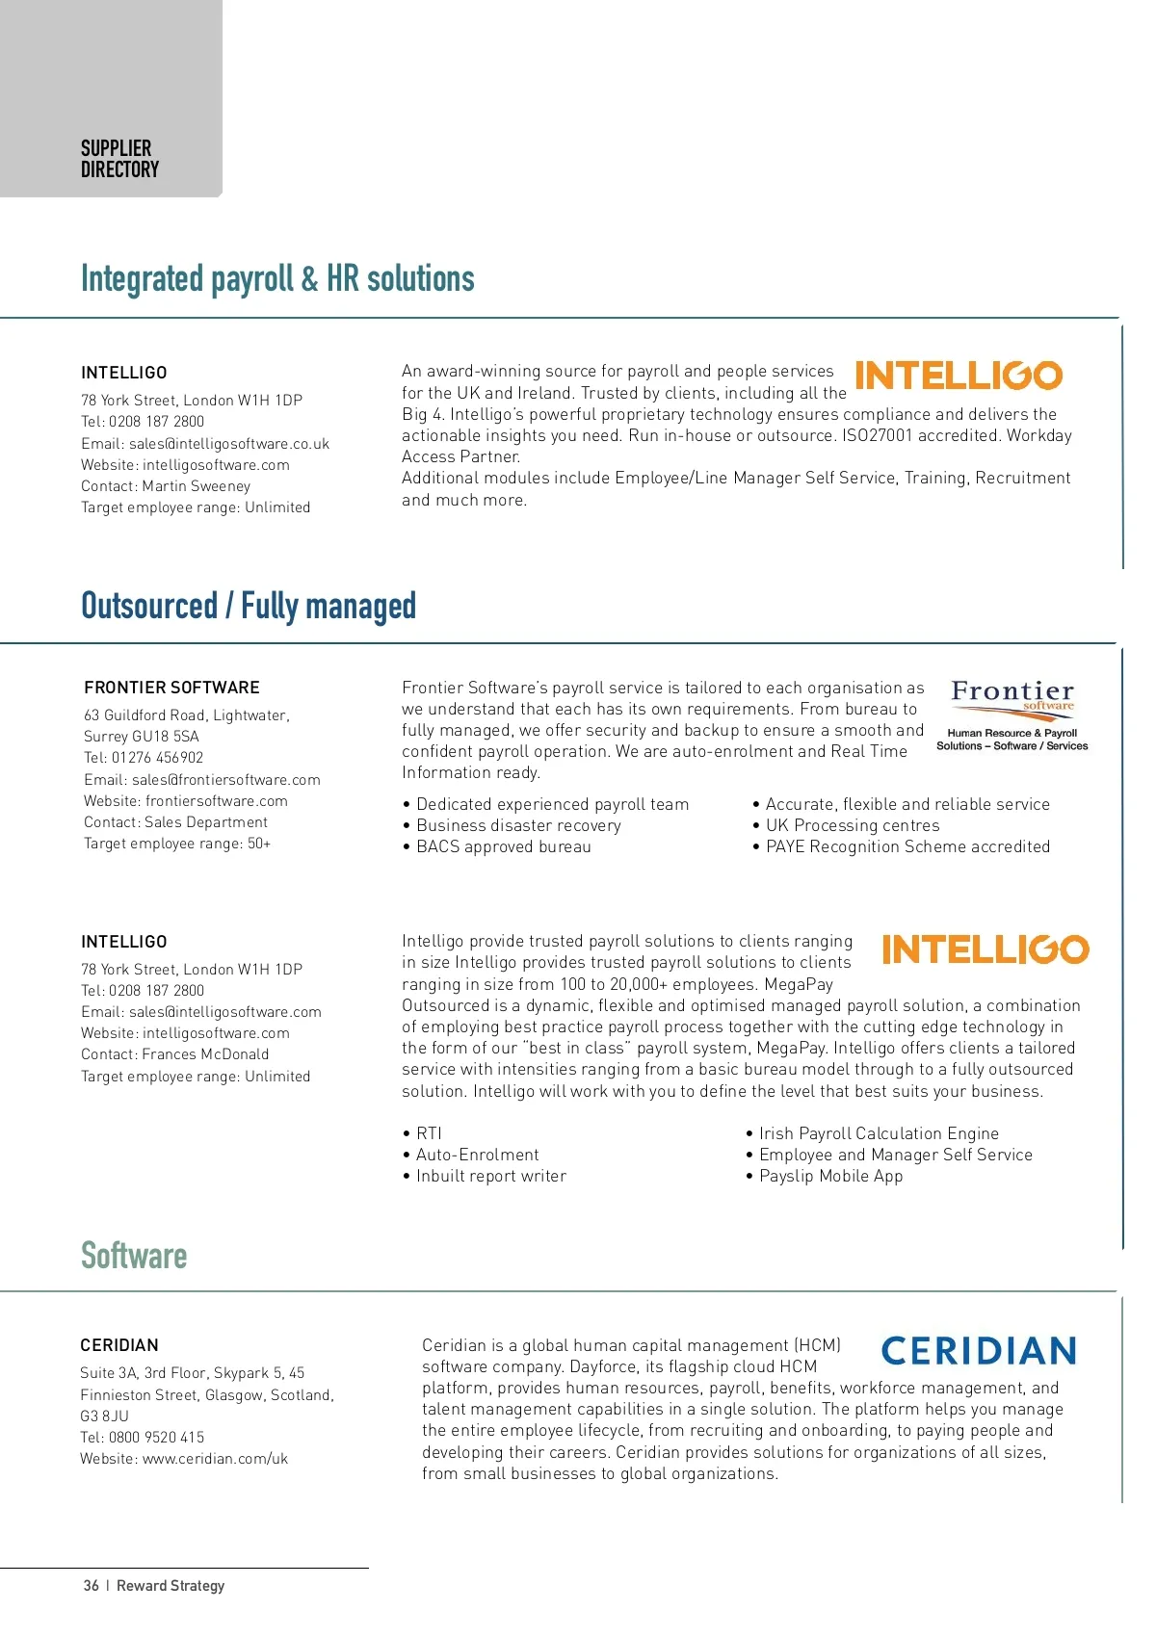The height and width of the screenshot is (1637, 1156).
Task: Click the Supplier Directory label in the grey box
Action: (x=119, y=159)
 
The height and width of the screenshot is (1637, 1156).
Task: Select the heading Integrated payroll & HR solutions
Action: (x=277, y=278)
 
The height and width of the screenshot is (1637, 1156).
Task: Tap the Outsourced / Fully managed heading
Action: (x=249, y=606)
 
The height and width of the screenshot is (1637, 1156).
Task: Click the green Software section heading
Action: (x=134, y=1256)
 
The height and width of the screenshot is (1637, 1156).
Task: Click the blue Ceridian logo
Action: (x=979, y=1351)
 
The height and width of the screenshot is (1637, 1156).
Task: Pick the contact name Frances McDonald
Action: (x=205, y=1054)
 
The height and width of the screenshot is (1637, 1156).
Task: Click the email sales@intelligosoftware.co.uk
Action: (x=228, y=444)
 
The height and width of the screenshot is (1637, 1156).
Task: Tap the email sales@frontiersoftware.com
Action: (x=225, y=780)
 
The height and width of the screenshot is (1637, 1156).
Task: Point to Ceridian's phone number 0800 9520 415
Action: (x=156, y=1438)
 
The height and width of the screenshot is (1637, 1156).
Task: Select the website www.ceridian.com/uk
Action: (x=215, y=1459)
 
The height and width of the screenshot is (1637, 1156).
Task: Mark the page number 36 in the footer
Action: (x=92, y=1586)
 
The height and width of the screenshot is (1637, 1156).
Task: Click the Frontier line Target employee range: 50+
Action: (x=177, y=844)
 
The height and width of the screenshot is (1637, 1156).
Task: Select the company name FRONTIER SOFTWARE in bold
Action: (x=171, y=688)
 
